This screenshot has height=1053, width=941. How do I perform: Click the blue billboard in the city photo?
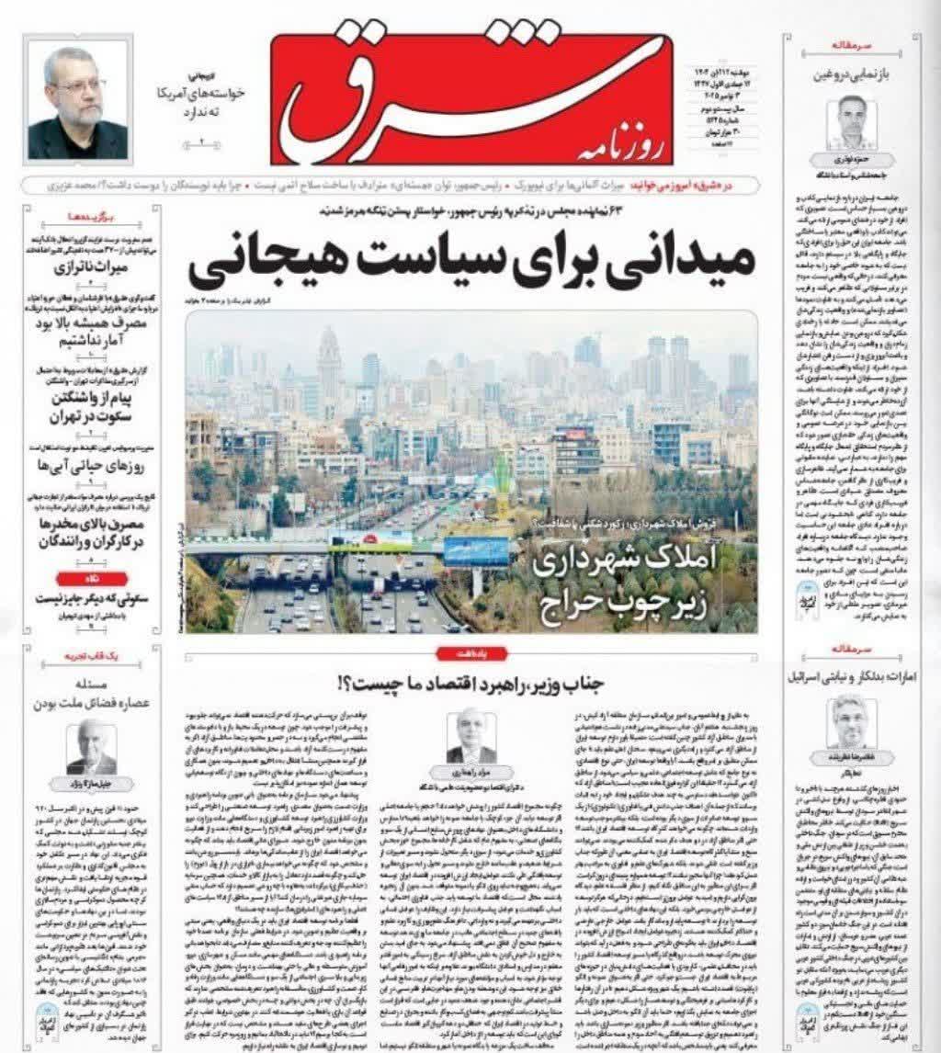point(475,551)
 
